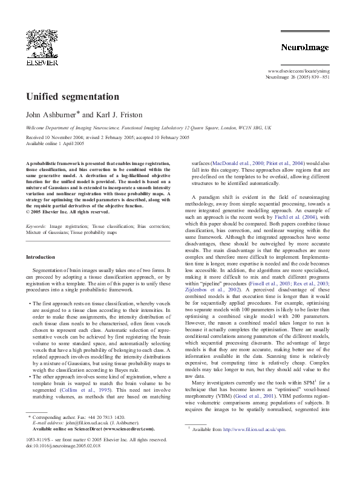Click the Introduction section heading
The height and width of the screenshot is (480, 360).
point(41,257)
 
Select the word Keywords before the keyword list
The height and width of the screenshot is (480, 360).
point(37,226)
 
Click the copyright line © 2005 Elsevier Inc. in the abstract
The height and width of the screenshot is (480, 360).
point(67,212)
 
